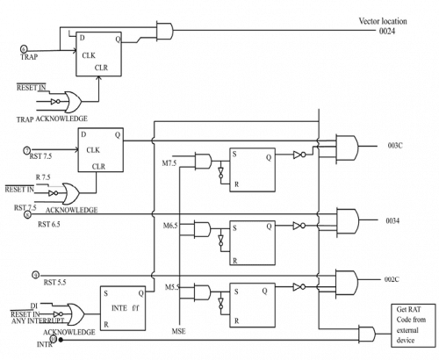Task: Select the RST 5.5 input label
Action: pyautogui.click(x=57, y=282)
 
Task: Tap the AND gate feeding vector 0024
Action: pyautogui.click(x=162, y=31)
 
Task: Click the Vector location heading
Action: pyautogui.click(x=379, y=20)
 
